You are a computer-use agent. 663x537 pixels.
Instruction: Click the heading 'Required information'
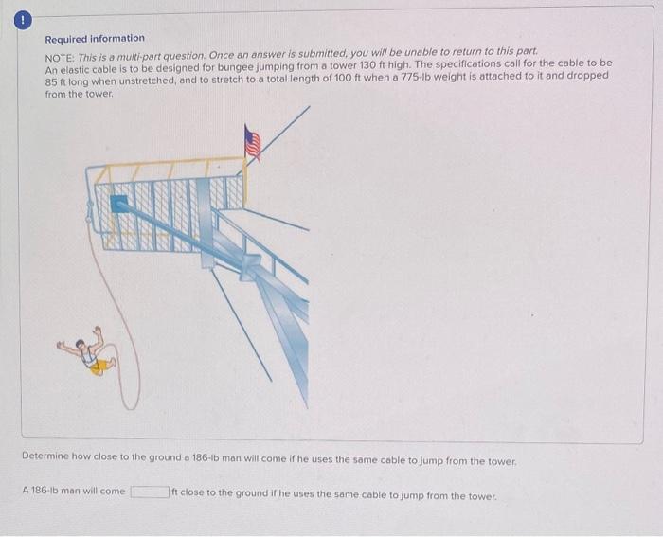[x=95, y=38]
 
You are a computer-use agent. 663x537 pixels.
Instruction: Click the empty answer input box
[x=149, y=492]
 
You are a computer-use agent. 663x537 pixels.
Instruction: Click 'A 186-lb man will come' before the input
[x=73, y=492]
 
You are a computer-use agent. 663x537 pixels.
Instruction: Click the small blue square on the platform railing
[x=119, y=203]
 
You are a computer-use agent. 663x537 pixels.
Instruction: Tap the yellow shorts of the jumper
[x=98, y=366]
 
